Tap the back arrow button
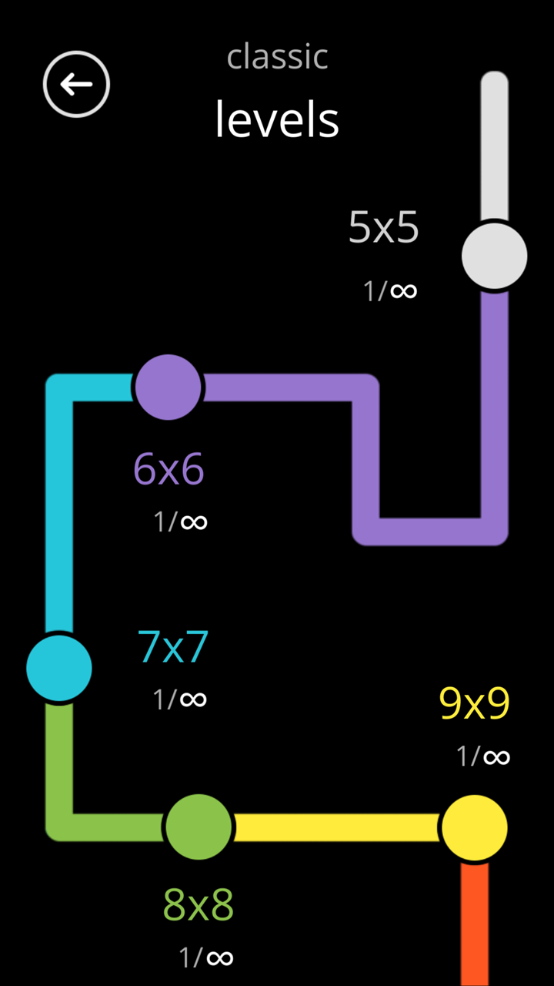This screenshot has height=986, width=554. click(x=76, y=84)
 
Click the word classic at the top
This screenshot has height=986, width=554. click(x=278, y=56)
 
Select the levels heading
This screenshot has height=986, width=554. click(x=277, y=119)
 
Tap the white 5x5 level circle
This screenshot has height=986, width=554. click(x=495, y=256)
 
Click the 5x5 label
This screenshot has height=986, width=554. click(x=383, y=227)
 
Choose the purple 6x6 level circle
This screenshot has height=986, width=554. click(x=168, y=387)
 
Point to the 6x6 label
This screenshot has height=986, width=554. click(x=169, y=468)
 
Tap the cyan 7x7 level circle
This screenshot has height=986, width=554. click(x=59, y=668)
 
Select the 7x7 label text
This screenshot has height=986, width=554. click(x=172, y=646)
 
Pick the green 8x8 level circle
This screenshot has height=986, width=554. click(x=199, y=827)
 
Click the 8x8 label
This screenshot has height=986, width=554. click(x=199, y=904)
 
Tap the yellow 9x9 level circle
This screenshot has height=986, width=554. click(x=475, y=827)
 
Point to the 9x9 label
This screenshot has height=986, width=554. click(x=475, y=703)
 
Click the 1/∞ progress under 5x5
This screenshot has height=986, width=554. click(x=390, y=291)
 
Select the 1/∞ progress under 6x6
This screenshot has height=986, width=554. click(x=180, y=522)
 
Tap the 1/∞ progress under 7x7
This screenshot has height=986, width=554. click(x=180, y=699)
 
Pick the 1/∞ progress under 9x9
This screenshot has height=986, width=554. click(x=483, y=756)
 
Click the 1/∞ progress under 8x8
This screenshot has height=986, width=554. click(x=206, y=957)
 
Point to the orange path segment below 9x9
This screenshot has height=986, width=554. click(x=475, y=924)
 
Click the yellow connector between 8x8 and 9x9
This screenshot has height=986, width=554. click(x=337, y=827)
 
